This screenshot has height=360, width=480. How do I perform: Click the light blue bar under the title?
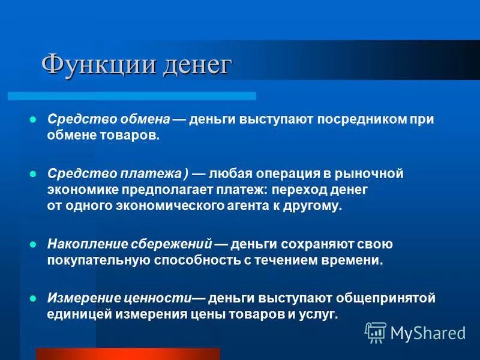tap(131, 96)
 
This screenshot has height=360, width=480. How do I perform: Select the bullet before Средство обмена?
tap(34, 119)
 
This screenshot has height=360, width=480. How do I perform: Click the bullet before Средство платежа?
tap(34, 174)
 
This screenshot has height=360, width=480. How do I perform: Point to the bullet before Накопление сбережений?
tap(34, 244)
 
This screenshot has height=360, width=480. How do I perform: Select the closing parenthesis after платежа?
tap(187, 174)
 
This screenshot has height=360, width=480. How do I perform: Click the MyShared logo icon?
tap(376, 332)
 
